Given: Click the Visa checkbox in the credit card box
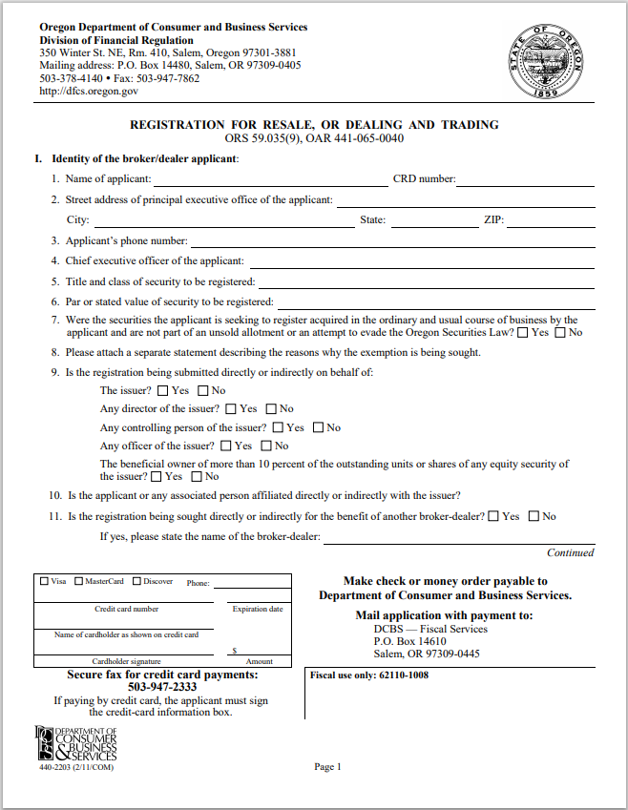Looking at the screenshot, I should coord(44,581).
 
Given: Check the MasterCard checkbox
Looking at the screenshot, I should coord(79,581).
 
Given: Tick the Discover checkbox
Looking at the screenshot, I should coord(137,581).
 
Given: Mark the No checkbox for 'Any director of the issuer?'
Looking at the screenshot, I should coord(272,408).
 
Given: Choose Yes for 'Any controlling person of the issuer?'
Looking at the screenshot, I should coord(278,427).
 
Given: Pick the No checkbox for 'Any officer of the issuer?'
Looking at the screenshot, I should coord(267,446).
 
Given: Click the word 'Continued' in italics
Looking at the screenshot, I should coord(570,552).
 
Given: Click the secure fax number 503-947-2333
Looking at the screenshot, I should coord(162,687).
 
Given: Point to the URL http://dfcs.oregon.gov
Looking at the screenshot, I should coord(89,92).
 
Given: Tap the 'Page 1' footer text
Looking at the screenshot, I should coord(327,767).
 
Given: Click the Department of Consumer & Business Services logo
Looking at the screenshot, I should coord(75,743).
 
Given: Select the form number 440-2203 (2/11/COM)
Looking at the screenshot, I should coord(75,768).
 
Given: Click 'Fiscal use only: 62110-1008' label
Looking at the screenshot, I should coord(369,675).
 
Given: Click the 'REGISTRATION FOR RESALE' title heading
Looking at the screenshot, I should coord(314,125).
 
